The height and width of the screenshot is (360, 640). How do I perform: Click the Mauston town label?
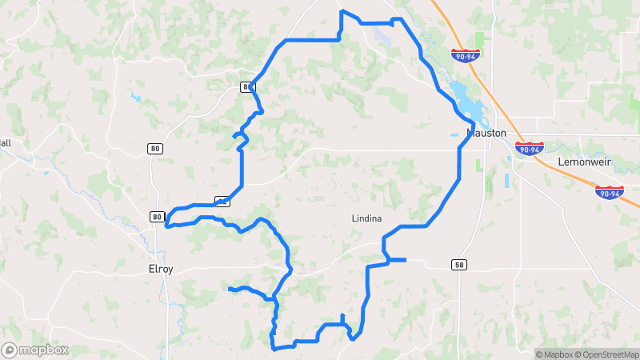point(487,134)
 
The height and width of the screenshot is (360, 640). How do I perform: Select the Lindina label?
point(366,218)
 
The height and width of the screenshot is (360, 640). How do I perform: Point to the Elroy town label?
point(161,269)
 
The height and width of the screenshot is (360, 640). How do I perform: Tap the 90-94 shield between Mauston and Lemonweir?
point(530,149)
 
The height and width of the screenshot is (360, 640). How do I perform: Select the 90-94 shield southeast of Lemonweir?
point(609,193)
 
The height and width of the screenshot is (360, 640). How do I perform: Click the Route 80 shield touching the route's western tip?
point(157,217)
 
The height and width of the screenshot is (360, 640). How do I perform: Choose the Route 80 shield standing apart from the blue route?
point(154,148)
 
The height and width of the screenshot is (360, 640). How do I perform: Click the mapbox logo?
point(34,350)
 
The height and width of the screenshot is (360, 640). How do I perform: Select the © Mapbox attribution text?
point(554,354)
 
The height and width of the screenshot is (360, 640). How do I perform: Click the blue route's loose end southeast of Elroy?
point(230,288)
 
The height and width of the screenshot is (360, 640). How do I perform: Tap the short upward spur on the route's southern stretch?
point(342,316)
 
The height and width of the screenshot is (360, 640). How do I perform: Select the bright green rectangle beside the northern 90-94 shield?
point(480,40)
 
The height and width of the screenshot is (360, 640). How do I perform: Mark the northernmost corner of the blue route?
point(342,11)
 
